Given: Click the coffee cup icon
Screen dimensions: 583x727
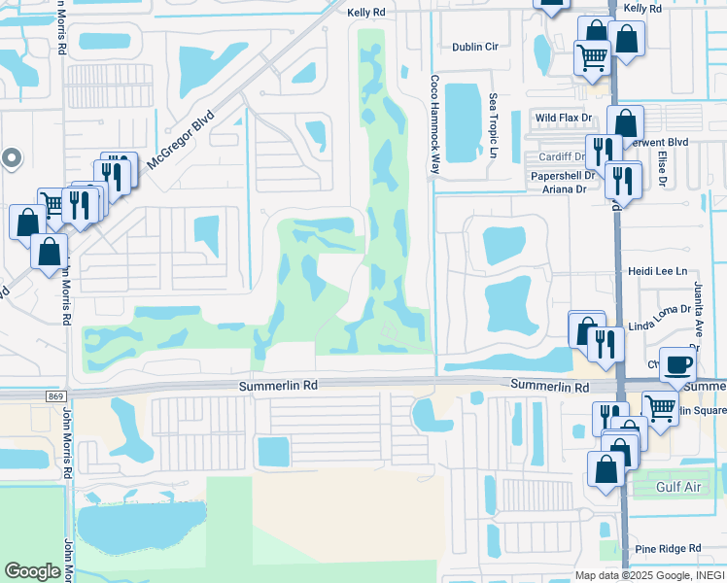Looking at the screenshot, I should (x=678, y=365).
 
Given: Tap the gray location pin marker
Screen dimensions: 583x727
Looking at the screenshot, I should (x=12, y=157).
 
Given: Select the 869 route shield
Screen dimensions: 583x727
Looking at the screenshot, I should (x=54, y=396).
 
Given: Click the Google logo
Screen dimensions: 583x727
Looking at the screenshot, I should (x=33, y=571).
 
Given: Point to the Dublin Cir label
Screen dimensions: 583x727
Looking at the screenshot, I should (x=475, y=47).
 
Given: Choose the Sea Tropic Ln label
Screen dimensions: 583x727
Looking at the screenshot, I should (x=494, y=127).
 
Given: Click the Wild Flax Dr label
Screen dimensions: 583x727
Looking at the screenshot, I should (x=564, y=118).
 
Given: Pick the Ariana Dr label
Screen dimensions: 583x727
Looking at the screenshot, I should (x=565, y=189).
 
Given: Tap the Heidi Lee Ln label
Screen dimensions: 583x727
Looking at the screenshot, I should (x=657, y=272).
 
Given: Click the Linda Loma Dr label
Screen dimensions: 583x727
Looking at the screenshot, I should (x=659, y=309).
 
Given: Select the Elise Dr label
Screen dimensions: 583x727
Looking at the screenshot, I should (x=662, y=168).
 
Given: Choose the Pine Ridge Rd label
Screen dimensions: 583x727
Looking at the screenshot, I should (x=668, y=549).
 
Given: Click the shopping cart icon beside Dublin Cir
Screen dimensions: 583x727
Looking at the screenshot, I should (x=591, y=56).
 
